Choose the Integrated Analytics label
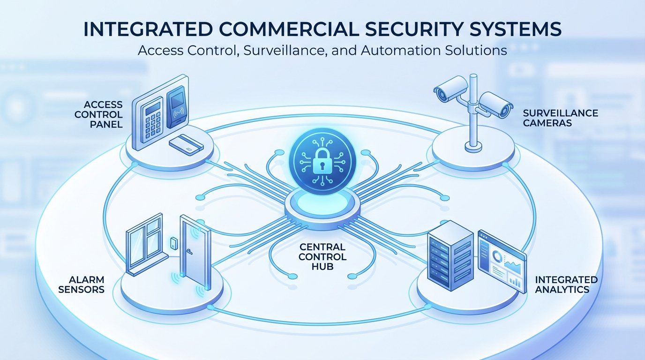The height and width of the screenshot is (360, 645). click(566, 285)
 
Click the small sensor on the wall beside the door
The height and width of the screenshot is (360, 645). click(173, 243)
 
